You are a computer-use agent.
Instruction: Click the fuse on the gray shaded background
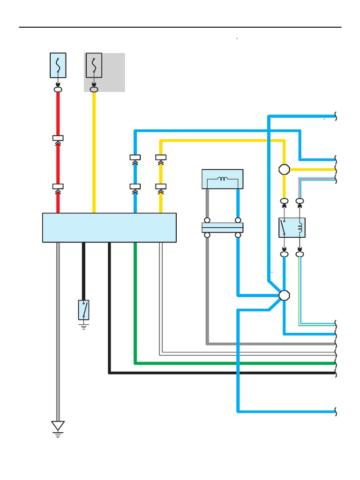[x=94, y=65]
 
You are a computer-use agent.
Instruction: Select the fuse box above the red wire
[x=58, y=65]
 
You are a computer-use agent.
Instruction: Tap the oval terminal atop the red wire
[x=58, y=89]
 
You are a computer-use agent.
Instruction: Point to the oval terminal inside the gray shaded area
[x=94, y=89]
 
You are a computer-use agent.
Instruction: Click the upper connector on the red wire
[x=58, y=138]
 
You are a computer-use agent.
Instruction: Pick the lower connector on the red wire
[x=58, y=187]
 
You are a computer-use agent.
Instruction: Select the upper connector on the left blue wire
[x=135, y=157]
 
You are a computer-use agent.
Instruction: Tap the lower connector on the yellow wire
[x=161, y=187]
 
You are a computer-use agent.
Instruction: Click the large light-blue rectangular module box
[x=109, y=227]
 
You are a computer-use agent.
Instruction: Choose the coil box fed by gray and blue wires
[x=222, y=179]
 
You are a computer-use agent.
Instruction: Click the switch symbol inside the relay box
[x=284, y=228]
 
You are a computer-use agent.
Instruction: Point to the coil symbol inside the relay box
[x=300, y=228]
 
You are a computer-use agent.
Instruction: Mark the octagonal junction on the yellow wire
[x=284, y=169]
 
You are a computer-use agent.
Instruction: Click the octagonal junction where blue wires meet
[x=284, y=295]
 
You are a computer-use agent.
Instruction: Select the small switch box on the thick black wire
[x=84, y=310]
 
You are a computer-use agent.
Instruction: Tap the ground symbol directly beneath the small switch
[x=84, y=326]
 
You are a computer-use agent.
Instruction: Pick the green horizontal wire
[x=234, y=363]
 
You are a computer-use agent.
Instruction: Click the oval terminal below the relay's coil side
[x=300, y=254]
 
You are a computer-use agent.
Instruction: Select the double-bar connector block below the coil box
[x=222, y=228]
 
